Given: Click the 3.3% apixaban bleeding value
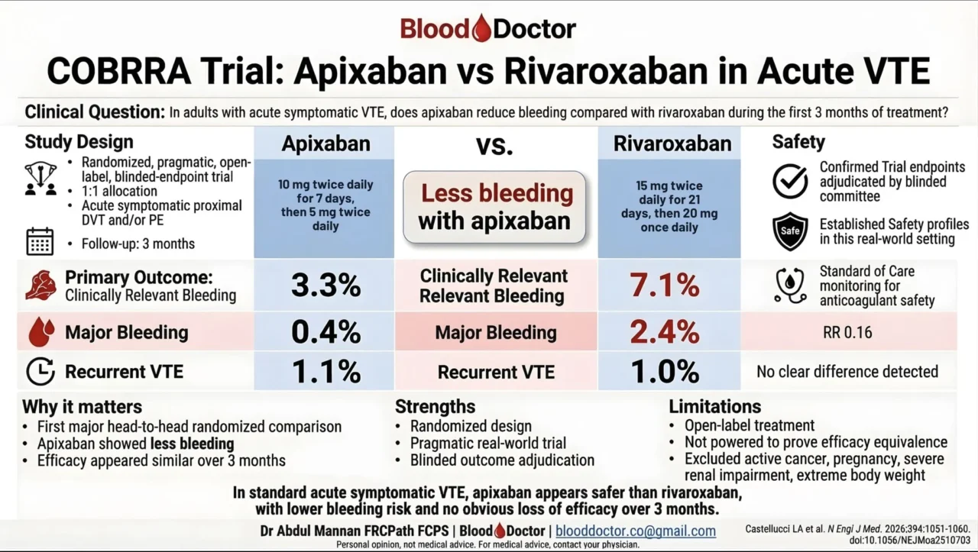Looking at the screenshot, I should point(325,286).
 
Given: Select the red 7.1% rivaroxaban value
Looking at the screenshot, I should point(665,286).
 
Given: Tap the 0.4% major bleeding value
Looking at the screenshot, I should point(325,332).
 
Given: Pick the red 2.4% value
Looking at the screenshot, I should point(665,332).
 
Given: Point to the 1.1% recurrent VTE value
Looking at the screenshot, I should point(325,372).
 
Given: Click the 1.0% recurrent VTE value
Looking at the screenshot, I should point(665,372).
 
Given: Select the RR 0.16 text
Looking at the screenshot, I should point(847,333).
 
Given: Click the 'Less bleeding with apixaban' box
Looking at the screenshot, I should point(494,207).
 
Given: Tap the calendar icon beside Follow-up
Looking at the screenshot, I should point(40,241).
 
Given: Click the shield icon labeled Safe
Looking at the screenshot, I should point(790,231).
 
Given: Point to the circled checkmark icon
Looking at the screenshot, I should point(790,181).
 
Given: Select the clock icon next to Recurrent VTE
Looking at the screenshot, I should point(40,372).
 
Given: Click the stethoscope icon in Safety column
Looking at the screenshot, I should point(790,284).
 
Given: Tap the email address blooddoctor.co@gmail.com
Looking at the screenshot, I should point(636,531).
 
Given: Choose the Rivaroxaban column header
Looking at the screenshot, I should point(672,144).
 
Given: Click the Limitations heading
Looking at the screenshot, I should point(714,406).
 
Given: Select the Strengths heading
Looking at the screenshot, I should point(435,406).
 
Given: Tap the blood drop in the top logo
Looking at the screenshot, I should point(481,29).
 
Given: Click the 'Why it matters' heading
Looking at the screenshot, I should point(82,406).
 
